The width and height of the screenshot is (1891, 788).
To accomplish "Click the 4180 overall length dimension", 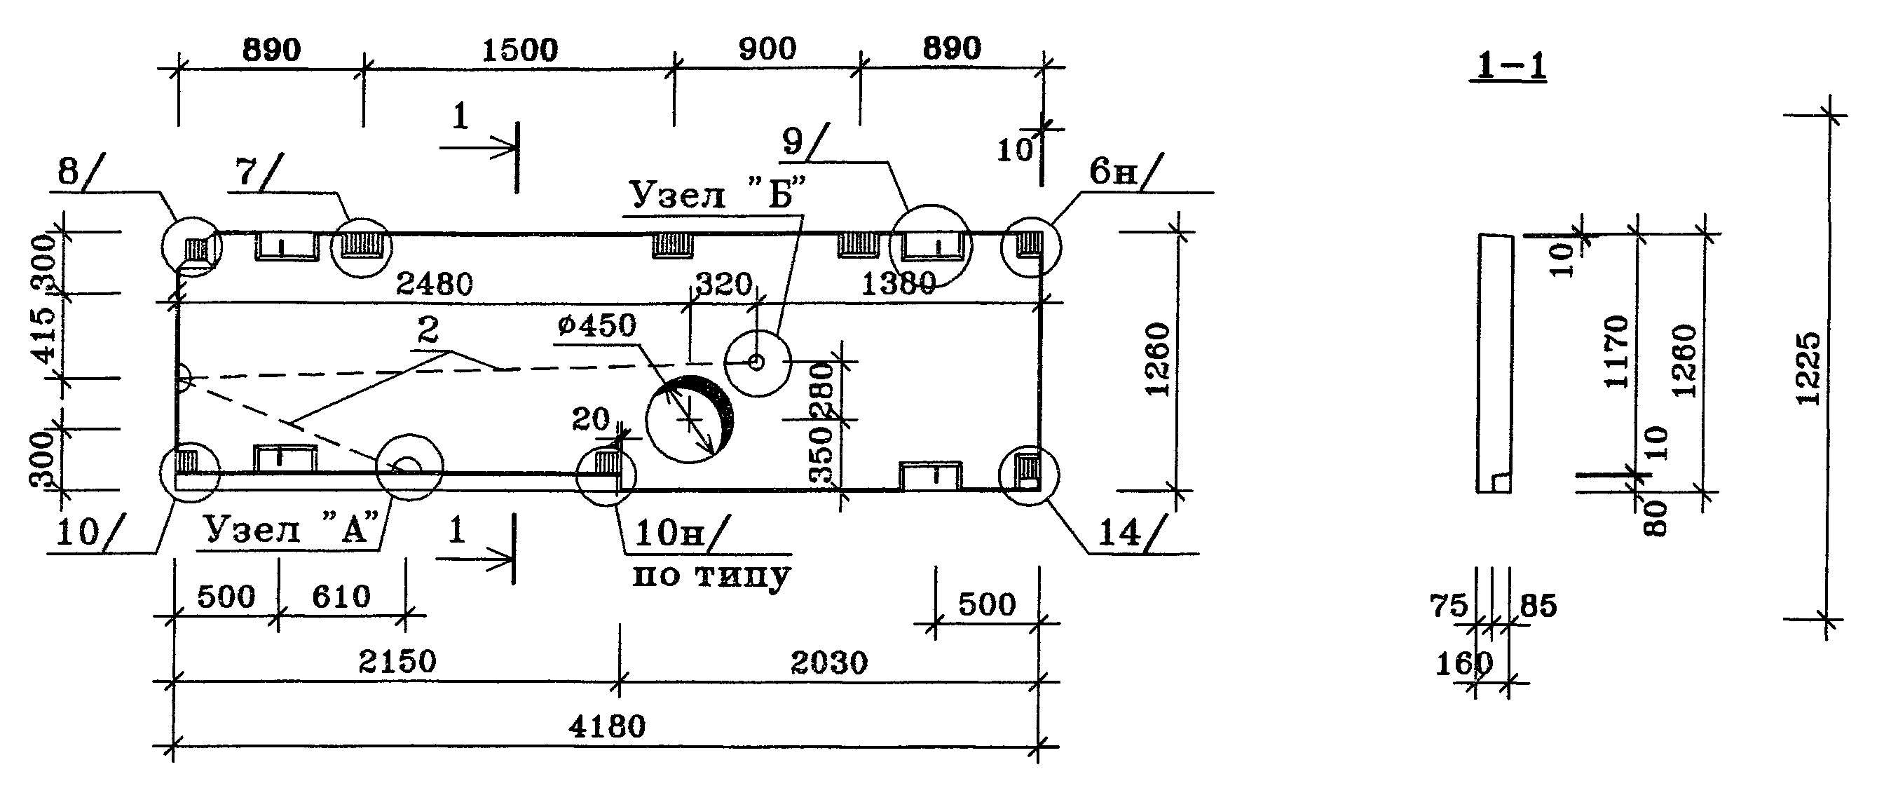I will (606, 726).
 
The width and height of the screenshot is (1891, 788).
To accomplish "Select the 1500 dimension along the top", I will (520, 50).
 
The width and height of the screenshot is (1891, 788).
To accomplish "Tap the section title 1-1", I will (1508, 66).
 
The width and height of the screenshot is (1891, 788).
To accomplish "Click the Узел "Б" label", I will (718, 196).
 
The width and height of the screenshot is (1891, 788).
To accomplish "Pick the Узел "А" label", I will (292, 529).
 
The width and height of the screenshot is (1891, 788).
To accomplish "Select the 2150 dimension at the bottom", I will (397, 663).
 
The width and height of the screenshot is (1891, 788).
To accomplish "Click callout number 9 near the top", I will (793, 140).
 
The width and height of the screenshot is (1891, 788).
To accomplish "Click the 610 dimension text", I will (341, 597).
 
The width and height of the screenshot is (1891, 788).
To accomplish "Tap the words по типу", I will (711, 575).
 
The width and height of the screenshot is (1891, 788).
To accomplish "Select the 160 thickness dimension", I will (1463, 664).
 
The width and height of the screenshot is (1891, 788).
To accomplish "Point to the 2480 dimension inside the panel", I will (435, 283).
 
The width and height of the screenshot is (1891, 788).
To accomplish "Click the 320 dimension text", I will (723, 284).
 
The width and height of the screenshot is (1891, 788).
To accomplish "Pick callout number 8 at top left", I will (67, 172).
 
